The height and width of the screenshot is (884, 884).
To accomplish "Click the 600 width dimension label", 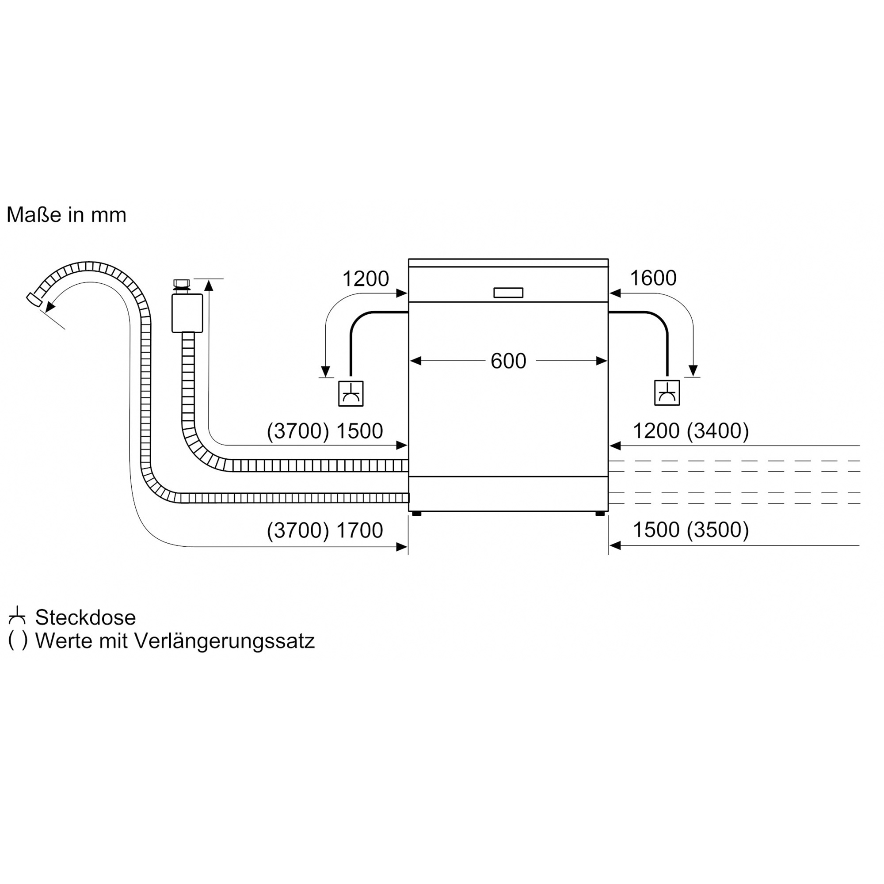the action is point(508,361).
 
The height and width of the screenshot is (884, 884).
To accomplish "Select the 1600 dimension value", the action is point(653,278).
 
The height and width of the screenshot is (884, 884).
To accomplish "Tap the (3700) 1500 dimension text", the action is point(325,431).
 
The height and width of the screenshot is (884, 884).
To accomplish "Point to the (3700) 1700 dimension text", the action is point(325,530).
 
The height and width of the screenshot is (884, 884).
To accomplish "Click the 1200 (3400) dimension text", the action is point(691,431).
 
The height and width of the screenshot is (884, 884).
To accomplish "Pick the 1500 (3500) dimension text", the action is point(691,530).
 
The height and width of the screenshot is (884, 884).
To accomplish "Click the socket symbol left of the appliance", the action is point(351,393).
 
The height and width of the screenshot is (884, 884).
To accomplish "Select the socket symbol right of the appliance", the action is point(667,392).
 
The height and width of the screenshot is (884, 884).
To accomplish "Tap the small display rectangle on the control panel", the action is point(508,293).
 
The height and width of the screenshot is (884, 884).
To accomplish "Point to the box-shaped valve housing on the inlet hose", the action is point(187,313).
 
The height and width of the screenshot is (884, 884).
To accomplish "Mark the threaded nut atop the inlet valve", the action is point(182,283).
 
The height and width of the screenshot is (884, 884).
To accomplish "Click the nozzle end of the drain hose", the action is point(34,299).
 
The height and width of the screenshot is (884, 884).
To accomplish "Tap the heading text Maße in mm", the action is point(66,215).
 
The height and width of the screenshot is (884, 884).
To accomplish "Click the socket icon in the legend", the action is point(17,616).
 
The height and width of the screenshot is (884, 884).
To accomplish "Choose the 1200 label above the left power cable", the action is point(366,278).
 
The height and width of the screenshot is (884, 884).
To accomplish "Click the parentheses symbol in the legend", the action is point(18,641).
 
